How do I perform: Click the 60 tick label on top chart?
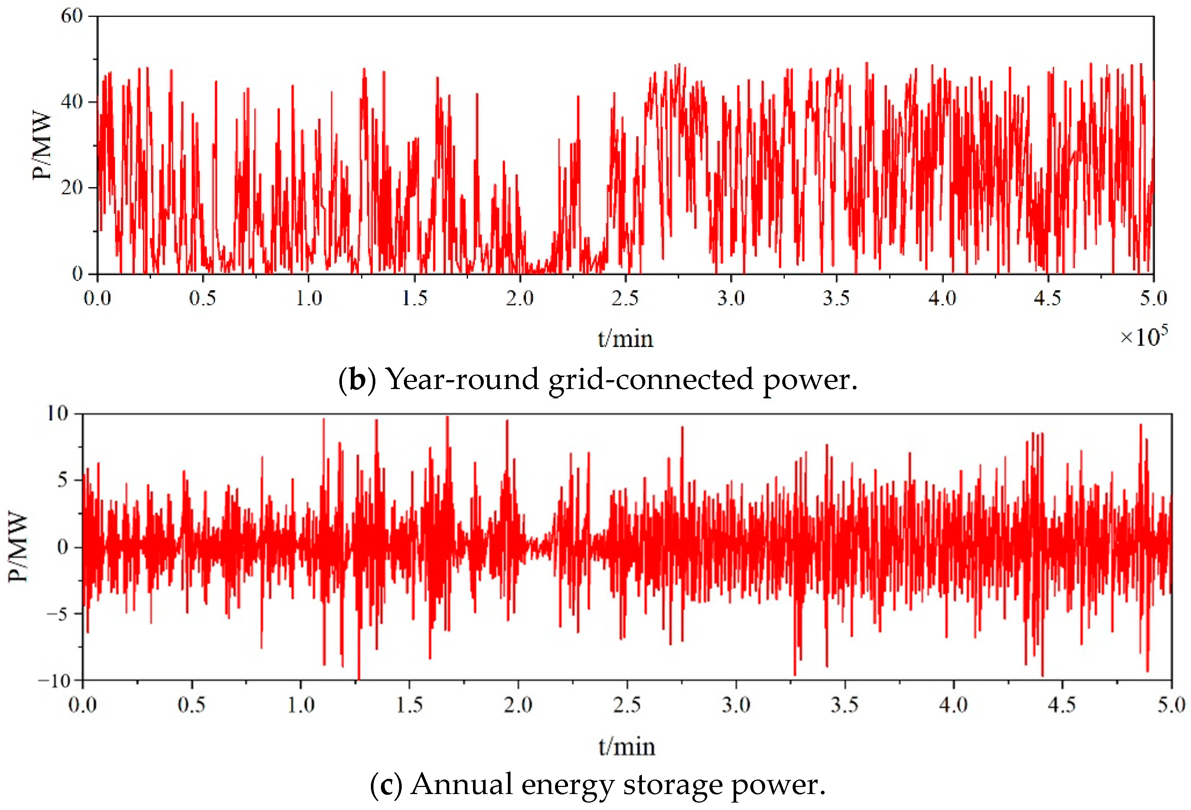72,16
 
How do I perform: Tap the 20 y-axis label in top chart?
72,187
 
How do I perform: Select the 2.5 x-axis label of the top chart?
625,298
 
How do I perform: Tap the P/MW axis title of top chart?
42,146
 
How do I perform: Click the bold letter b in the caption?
357,380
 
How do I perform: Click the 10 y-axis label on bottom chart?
58,414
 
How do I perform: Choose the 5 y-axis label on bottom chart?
62,480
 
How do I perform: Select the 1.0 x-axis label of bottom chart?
300,705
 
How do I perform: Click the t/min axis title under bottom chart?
627,747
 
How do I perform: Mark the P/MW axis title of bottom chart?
18,547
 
